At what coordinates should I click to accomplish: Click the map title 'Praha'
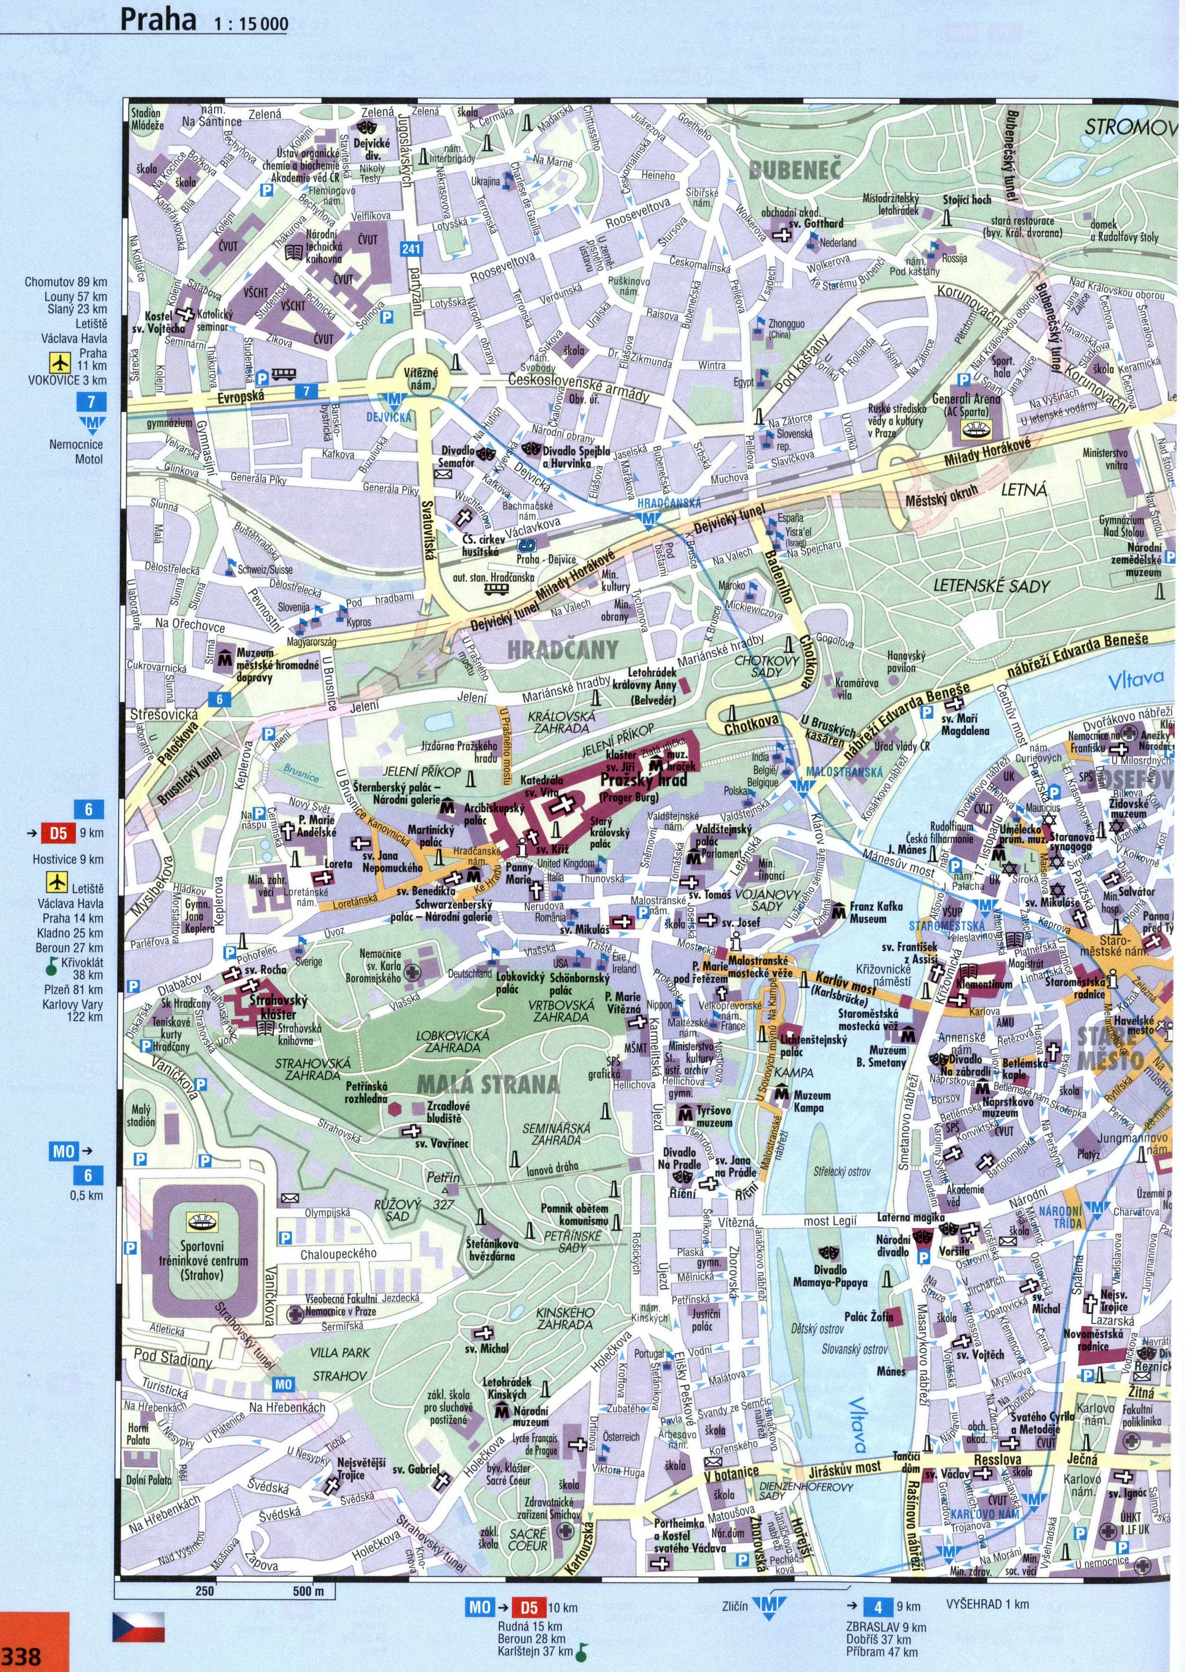(x=158, y=20)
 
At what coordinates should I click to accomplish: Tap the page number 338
(x=22, y=1655)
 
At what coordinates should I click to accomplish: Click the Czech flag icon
(x=138, y=1627)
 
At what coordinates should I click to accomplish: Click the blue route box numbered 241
(x=411, y=249)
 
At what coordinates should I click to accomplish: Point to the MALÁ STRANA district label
(x=487, y=1085)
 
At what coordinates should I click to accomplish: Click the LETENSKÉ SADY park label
(x=991, y=586)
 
